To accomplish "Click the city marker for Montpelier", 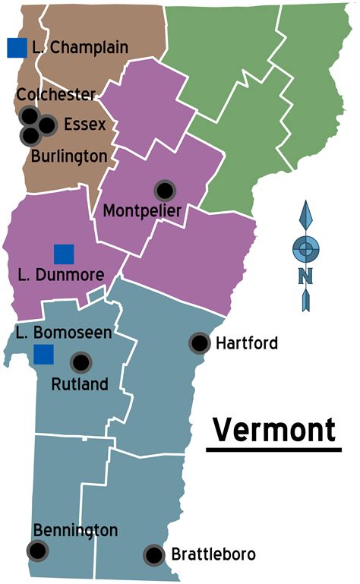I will click(x=164, y=191).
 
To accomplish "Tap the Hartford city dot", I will click(x=200, y=343).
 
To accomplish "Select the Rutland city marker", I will click(x=81, y=363).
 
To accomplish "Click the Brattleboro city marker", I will click(x=154, y=555).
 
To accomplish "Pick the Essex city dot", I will click(x=48, y=125).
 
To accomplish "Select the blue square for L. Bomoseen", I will click(x=43, y=354).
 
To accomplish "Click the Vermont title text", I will click(x=273, y=430).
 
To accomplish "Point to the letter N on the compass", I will click(x=305, y=274).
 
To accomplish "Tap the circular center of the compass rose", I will click(x=305, y=248).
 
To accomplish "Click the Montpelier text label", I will click(x=141, y=210).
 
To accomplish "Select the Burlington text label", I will click(x=69, y=156).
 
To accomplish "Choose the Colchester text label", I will click(x=55, y=95).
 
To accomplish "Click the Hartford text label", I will click(x=247, y=343).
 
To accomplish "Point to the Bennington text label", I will click(x=75, y=530).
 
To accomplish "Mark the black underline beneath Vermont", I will click(x=273, y=450).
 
